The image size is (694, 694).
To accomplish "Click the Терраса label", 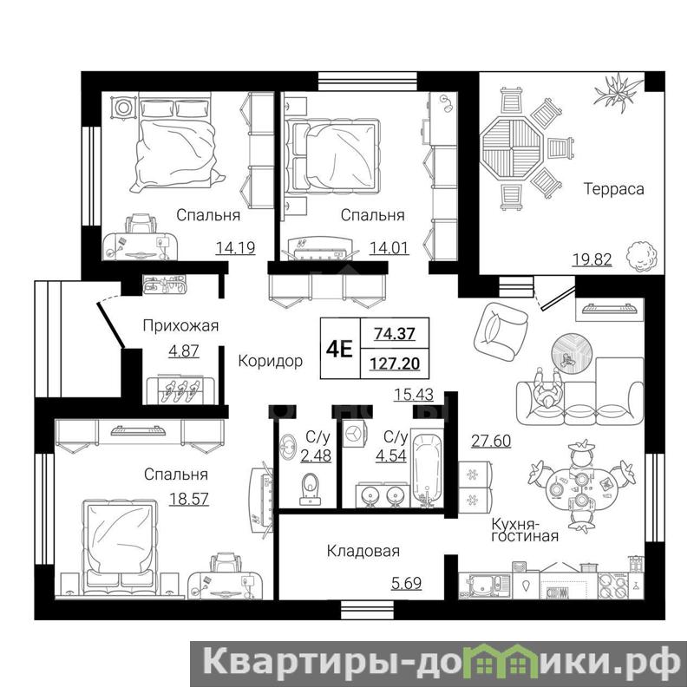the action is [613, 189].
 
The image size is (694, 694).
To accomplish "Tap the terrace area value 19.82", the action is [593, 259].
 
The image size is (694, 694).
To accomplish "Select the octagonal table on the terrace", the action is [512, 147].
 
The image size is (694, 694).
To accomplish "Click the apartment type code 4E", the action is [339, 350].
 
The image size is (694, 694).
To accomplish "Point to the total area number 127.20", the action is [395, 363].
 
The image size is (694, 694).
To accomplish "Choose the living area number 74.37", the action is [395, 333].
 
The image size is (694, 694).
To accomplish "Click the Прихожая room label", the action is [180, 326].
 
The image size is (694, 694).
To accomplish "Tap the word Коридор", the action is [271, 361].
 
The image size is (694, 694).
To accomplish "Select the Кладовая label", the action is [363, 551].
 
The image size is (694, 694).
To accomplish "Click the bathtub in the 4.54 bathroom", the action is [427, 470].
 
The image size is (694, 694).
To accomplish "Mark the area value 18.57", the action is [189, 500].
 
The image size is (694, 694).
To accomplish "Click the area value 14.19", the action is [235, 248].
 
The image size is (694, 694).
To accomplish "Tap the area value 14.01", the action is [389, 248].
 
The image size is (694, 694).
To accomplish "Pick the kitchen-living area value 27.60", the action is [491, 441].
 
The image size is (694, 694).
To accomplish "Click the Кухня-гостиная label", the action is [525, 530].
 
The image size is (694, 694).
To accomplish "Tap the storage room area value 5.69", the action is [406, 583].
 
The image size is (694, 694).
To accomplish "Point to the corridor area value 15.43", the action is [414, 395].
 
